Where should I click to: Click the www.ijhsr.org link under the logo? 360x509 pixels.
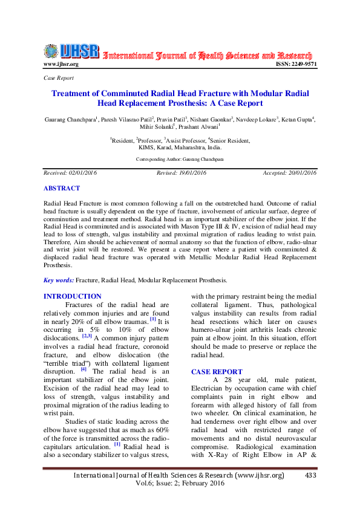tap(61, 63)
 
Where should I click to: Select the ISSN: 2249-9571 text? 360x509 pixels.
tap(296, 63)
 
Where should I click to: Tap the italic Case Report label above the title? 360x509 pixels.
tap(59, 79)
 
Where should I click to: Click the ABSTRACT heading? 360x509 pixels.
tap(62, 188)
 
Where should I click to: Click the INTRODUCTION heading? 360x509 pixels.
tap(73, 296)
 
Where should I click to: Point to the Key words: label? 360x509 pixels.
tap(58, 280)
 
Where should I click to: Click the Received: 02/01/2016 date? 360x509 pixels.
tap(70, 173)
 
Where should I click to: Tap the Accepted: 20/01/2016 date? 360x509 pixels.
tap(289, 173)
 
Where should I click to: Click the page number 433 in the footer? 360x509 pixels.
tap(311, 475)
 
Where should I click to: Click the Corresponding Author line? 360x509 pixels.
tap(180, 159)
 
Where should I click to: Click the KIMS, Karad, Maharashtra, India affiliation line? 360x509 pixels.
tap(180, 147)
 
